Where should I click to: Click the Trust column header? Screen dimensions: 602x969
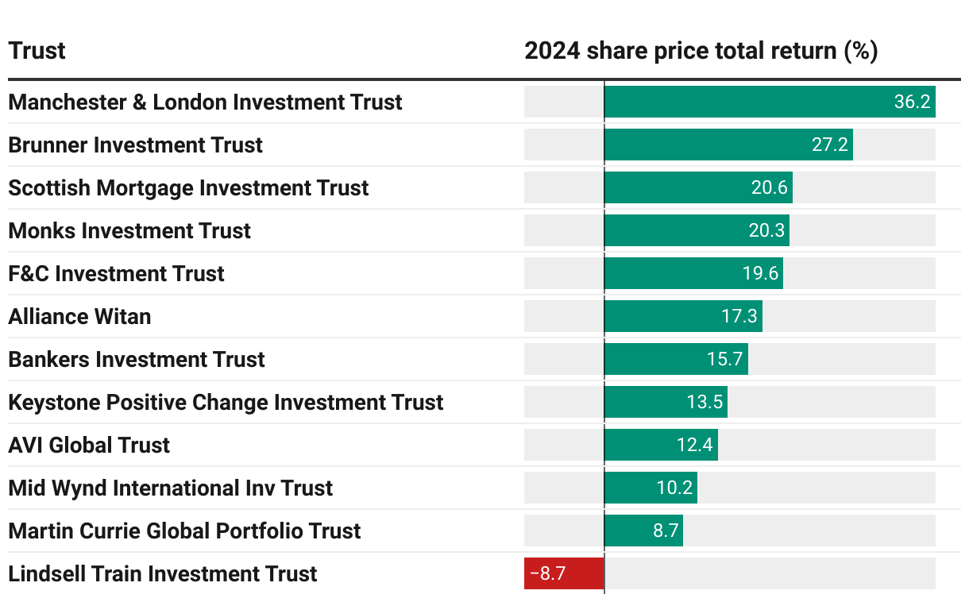click(x=37, y=52)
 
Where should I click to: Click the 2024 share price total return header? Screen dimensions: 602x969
click(x=701, y=52)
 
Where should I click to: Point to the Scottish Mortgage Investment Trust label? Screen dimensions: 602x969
click(x=188, y=188)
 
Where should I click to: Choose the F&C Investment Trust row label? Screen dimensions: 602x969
click(x=116, y=274)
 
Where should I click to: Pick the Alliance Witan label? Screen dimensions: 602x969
click(x=79, y=317)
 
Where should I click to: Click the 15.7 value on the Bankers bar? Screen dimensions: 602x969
click(x=724, y=360)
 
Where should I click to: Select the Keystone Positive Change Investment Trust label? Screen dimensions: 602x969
click(x=226, y=403)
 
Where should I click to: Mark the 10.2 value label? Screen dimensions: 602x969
click(x=674, y=488)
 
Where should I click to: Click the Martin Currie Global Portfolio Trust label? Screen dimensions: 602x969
click(x=184, y=531)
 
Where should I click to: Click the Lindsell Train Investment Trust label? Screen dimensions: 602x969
click(x=162, y=574)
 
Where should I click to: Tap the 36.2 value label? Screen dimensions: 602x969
click(x=912, y=102)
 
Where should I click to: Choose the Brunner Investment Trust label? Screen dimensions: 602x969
click(x=135, y=145)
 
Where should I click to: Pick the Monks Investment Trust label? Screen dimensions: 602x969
click(x=129, y=231)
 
